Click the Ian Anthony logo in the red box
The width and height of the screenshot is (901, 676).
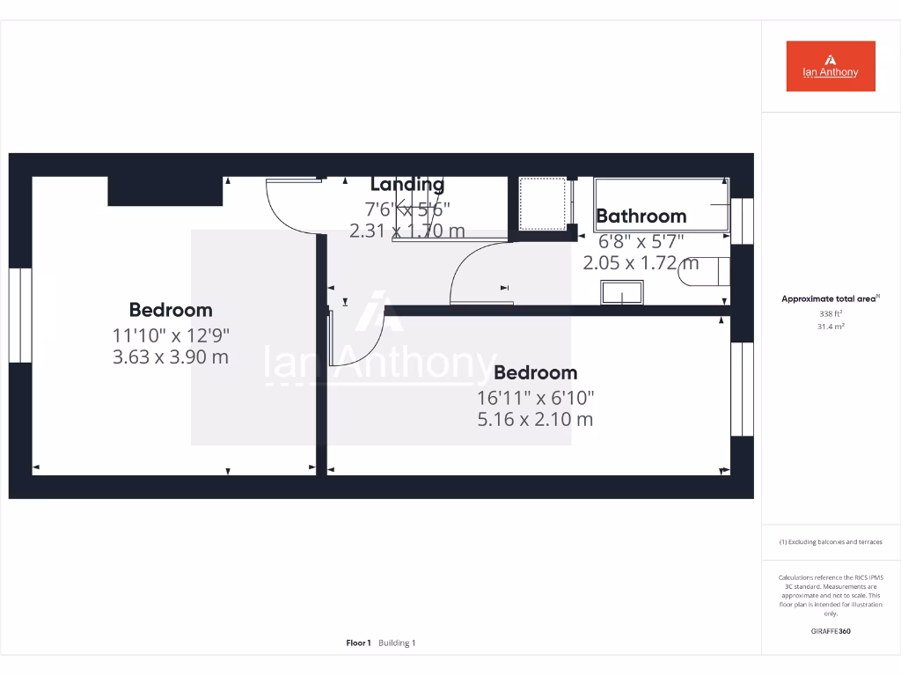point(831,66)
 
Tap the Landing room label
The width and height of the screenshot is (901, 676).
point(407,184)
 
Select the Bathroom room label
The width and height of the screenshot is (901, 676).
point(641,216)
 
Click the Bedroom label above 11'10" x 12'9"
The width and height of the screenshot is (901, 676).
point(171,310)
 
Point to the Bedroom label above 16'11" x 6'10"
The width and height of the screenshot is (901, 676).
point(535,372)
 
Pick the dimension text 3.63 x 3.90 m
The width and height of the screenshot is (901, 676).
point(171,356)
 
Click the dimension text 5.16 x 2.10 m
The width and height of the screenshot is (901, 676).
point(535,419)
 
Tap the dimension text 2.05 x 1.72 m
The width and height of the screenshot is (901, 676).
point(641,262)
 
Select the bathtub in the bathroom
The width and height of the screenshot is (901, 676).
point(662,204)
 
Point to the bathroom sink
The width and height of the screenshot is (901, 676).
point(622,292)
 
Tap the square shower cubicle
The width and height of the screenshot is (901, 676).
point(541,203)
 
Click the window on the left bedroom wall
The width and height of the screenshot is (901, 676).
point(20,315)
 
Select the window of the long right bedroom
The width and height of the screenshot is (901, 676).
point(742,388)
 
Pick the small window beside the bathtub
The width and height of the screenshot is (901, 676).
point(742,220)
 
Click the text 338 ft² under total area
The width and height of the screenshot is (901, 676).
point(831,313)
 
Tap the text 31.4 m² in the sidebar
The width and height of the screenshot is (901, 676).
point(831,327)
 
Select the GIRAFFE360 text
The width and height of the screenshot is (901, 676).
point(831,631)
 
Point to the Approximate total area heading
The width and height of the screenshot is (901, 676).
point(829,299)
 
